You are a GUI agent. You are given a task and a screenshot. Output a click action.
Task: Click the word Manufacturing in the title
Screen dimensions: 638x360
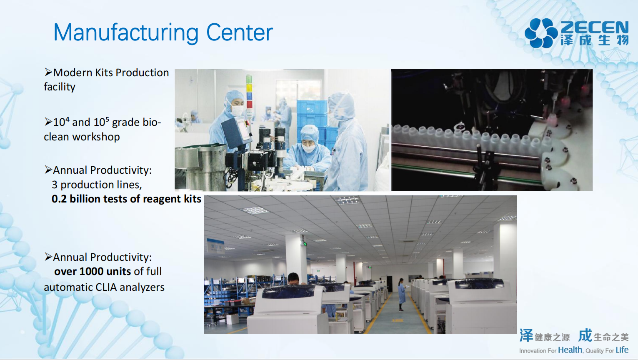tap(126, 33)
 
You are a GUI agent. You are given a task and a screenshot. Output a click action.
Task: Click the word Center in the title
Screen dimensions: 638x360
tap(240, 32)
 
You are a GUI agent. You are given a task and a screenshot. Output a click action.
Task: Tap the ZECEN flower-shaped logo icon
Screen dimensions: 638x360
tap(541, 33)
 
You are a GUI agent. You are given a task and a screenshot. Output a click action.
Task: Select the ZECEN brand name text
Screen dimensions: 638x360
tap(594, 27)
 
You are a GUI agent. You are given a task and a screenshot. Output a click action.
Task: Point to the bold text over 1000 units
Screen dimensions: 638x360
tap(93, 271)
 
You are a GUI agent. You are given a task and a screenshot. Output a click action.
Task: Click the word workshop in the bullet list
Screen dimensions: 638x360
tap(96, 137)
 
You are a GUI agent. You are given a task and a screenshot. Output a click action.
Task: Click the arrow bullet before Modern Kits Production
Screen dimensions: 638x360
tap(48, 72)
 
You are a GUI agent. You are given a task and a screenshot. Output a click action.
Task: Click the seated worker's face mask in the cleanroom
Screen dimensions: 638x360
tap(308, 148)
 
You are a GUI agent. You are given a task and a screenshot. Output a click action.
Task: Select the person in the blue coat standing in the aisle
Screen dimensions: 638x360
tap(402, 295)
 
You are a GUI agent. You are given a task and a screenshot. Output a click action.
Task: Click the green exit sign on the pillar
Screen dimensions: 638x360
tap(305, 244)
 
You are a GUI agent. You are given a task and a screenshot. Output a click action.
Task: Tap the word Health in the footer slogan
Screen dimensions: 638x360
tap(570, 350)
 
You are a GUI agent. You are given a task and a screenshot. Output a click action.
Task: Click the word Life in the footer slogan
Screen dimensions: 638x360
tap(622, 350)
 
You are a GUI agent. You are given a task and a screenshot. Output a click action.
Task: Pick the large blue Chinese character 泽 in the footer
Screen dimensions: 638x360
tap(526, 335)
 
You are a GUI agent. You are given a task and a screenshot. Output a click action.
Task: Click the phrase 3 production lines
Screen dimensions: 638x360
tap(97, 185)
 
